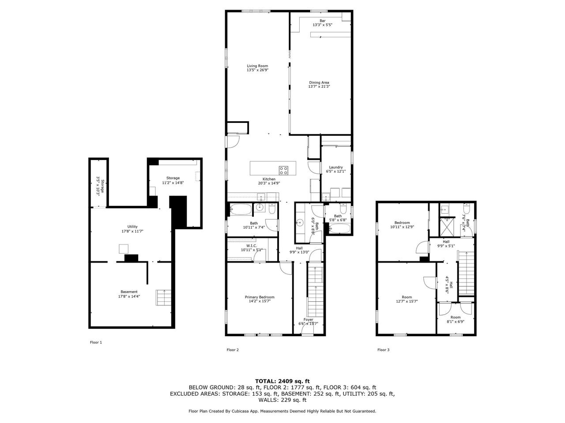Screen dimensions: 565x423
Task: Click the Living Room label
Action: point(257,66)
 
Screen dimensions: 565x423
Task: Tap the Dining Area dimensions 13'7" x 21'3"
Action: point(319,86)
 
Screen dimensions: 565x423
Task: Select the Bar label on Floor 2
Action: point(323,21)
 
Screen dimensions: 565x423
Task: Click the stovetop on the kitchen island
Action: point(283,170)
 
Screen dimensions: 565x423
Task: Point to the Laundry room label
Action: point(336,167)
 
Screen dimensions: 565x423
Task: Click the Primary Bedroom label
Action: point(260,297)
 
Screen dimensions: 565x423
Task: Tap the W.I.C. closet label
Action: point(252,246)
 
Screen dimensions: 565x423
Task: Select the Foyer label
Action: point(309,319)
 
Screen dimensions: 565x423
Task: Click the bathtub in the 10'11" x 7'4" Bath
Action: point(241,209)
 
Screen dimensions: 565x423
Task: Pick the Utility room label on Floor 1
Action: point(132,226)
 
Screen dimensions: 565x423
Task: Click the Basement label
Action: point(129,292)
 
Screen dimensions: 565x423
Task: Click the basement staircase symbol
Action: point(163,298)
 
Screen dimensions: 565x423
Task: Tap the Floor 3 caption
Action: point(383,350)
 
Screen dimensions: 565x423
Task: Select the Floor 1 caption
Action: point(96,342)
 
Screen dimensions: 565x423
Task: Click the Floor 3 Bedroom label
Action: point(402,223)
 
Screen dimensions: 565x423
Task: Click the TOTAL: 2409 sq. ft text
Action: point(282,381)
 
